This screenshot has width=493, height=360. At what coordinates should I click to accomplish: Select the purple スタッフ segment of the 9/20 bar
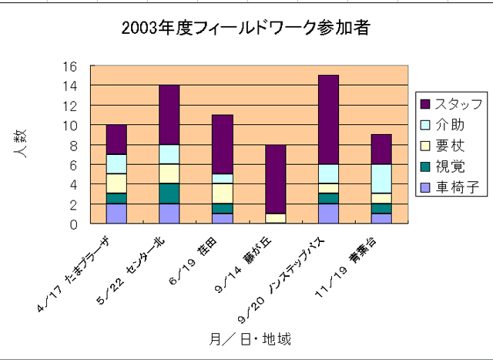(328, 119)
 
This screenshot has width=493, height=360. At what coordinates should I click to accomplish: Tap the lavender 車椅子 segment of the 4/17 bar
(116, 214)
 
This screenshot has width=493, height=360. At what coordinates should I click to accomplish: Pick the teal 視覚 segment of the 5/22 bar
(169, 193)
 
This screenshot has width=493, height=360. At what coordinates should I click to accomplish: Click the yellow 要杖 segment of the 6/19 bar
(223, 193)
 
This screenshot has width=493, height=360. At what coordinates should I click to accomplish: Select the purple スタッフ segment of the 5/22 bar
(169, 115)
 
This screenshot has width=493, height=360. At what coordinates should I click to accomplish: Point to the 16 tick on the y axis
(70, 66)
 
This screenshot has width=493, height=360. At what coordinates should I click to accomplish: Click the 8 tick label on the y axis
(74, 145)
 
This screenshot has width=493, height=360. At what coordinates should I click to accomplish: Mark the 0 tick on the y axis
(74, 224)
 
